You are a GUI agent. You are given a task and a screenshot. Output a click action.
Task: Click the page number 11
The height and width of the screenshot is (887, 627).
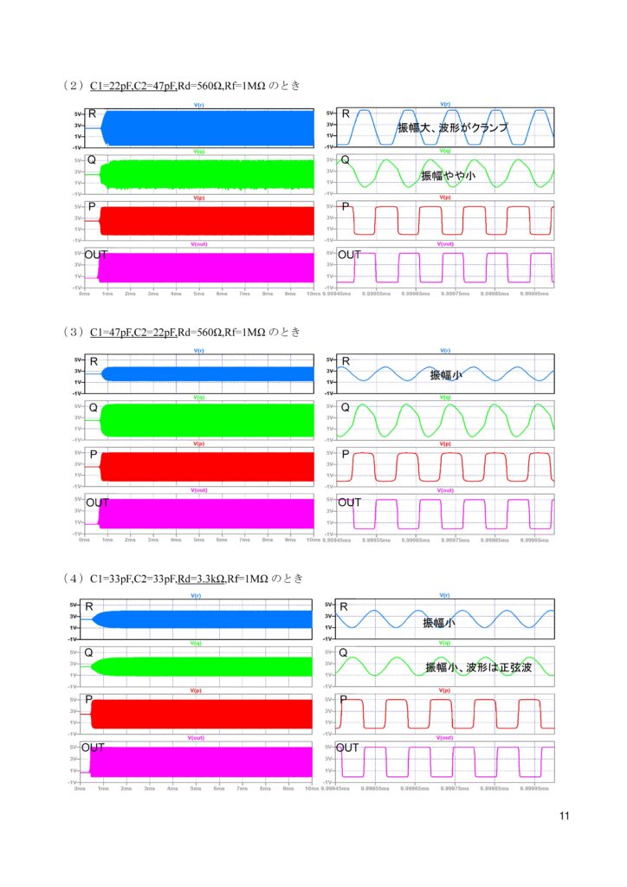click(x=565, y=815)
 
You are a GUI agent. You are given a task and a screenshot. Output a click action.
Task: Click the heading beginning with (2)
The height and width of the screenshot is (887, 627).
click(x=182, y=86)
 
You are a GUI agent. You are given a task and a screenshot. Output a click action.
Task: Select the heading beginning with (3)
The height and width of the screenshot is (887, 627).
click(x=182, y=332)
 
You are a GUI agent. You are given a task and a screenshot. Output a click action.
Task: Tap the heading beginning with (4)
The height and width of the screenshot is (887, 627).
click(x=182, y=578)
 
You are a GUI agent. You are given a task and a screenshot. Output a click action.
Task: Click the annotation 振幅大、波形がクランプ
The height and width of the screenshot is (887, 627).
click(x=452, y=128)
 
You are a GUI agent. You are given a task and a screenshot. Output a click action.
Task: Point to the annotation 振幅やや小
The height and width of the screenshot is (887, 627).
click(x=449, y=175)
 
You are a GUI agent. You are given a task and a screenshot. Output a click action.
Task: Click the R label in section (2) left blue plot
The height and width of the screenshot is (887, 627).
click(x=92, y=114)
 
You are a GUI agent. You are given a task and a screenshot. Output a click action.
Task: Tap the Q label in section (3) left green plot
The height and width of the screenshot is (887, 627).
click(x=92, y=408)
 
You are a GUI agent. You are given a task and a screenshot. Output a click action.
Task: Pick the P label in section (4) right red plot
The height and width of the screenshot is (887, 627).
click(x=344, y=699)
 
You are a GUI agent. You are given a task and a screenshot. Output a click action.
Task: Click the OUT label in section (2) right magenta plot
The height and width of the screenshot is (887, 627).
click(x=349, y=255)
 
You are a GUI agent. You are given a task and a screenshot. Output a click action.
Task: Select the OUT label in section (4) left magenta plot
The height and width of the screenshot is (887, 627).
click(x=93, y=747)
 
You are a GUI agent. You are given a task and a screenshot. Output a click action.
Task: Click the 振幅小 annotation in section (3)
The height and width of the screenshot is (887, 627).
click(x=447, y=375)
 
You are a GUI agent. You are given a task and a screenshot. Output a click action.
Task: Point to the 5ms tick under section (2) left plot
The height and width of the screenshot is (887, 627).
click(x=199, y=294)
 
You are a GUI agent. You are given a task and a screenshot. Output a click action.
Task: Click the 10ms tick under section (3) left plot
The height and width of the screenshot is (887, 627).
click(x=313, y=540)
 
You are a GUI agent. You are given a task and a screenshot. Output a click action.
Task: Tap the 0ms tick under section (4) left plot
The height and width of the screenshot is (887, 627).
click(x=80, y=788)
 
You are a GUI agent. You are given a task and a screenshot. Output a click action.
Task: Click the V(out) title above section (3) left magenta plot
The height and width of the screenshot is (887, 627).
click(x=198, y=491)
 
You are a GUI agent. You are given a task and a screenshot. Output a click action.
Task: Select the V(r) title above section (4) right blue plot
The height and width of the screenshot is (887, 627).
click(x=443, y=596)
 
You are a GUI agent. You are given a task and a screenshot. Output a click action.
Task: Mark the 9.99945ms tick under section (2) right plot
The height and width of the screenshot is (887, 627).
click(x=336, y=294)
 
